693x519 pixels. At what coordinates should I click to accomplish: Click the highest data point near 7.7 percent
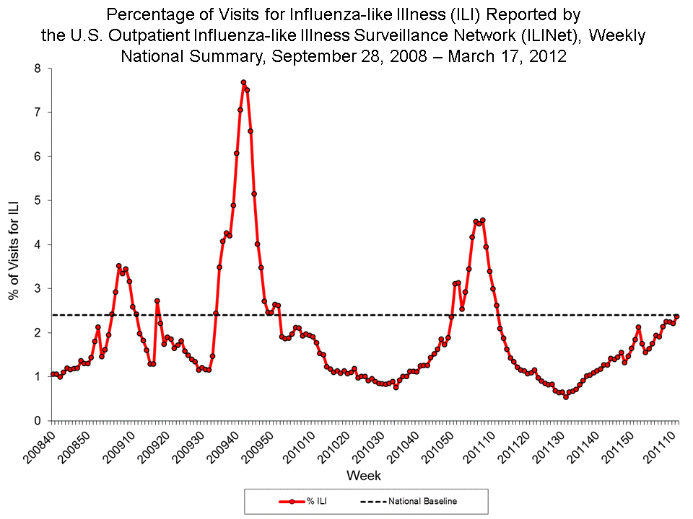243,82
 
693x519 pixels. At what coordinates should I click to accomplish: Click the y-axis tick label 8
40,68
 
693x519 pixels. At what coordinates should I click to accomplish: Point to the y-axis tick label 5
40,200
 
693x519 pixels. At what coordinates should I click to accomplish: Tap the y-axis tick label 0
40,420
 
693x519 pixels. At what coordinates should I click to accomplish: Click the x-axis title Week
364,476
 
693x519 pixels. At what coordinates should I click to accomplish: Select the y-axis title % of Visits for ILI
14,244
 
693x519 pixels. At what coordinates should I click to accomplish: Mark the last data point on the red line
677,316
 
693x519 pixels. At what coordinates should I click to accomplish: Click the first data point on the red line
53,374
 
